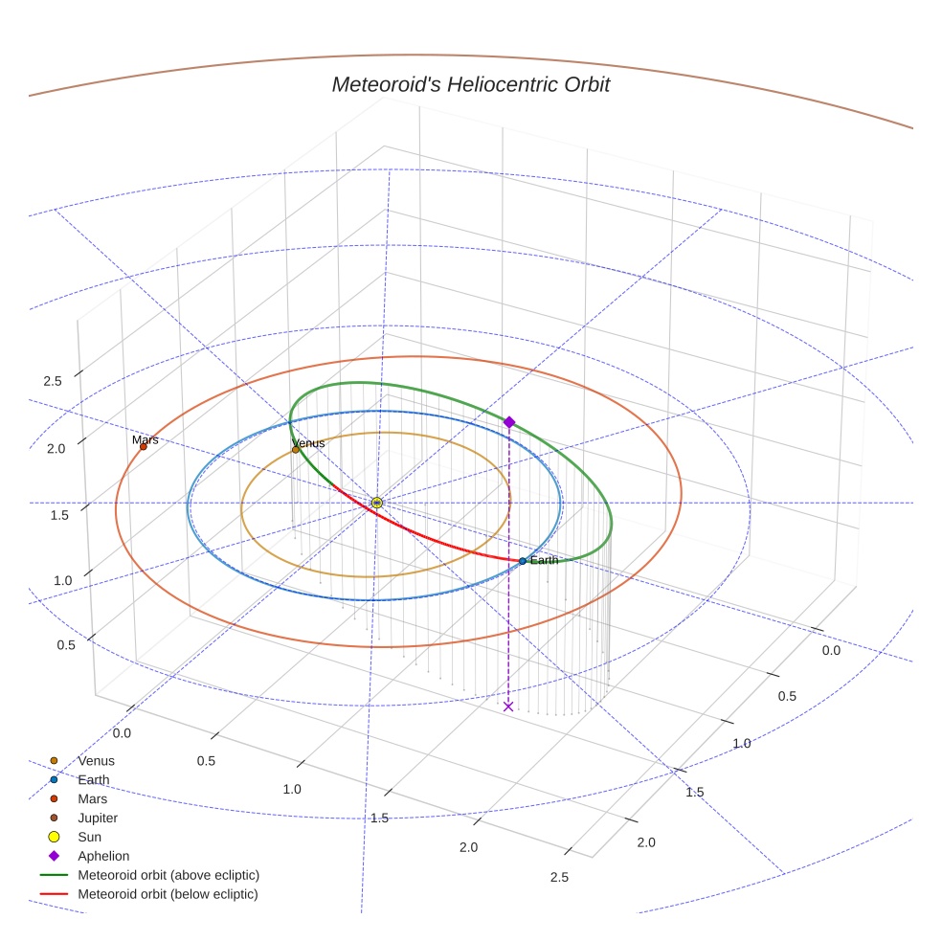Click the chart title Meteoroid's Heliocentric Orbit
coord(470,84)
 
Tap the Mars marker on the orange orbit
coord(143,446)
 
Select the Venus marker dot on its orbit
coord(295,449)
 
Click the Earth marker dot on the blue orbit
coord(522,560)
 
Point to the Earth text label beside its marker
coord(544,560)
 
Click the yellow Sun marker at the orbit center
coord(376,503)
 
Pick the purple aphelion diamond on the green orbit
coord(509,422)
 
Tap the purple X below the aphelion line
coord(508,706)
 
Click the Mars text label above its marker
coord(146,439)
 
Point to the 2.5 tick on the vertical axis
coord(53,381)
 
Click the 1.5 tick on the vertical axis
coord(58,515)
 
